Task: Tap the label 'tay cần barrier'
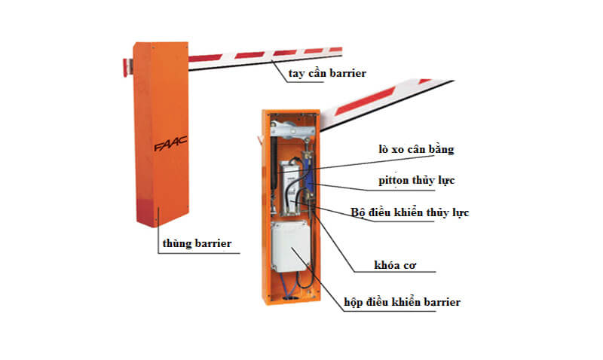click(x=326, y=73)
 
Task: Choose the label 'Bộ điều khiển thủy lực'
click(x=410, y=213)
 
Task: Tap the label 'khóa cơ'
click(x=396, y=266)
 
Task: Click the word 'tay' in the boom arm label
click(x=297, y=73)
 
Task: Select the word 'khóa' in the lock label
click(x=386, y=266)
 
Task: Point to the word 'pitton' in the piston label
click(x=395, y=181)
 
